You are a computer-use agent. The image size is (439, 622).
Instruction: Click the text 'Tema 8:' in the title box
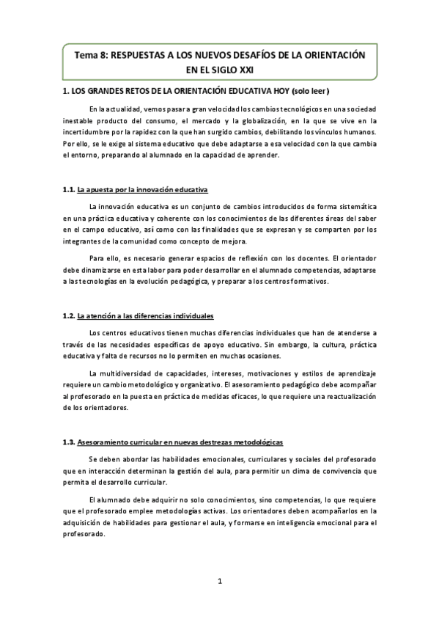point(93,56)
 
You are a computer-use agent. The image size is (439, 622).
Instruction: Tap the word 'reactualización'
point(345,397)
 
